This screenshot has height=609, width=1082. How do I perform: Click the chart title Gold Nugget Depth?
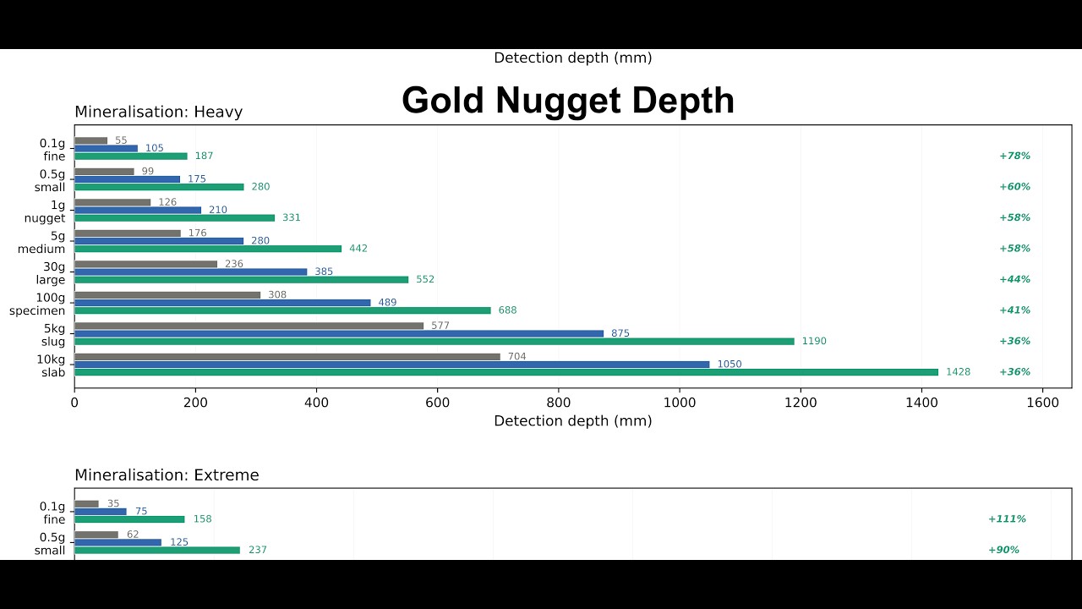click(x=567, y=101)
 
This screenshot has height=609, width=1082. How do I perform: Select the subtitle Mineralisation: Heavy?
click(x=158, y=112)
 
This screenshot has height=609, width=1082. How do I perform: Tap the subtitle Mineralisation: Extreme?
click(x=167, y=475)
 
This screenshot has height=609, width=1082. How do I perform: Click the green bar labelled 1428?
click(x=505, y=372)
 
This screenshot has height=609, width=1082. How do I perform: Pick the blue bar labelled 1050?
click(x=391, y=364)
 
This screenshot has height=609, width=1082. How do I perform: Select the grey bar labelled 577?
click(x=249, y=326)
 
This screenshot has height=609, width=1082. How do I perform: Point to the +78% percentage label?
click(x=1014, y=156)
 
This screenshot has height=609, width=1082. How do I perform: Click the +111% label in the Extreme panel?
click(x=1007, y=519)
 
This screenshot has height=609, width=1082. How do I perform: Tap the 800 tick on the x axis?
click(x=559, y=403)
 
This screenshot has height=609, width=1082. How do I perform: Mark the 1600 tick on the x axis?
click(x=1042, y=403)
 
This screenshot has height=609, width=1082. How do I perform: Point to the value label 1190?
click(x=814, y=342)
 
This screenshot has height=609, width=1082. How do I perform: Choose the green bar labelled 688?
click(x=282, y=310)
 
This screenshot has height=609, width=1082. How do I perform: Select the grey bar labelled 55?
click(x=91, y=140)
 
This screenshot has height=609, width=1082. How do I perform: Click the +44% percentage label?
click(x=1014, y=279)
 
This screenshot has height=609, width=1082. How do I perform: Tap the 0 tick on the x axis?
click(x=74, y=403)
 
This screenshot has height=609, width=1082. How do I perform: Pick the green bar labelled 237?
click(x=157, y=550)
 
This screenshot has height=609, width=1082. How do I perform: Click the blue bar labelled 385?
click(x=190, y=272)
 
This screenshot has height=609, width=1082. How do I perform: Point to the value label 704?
click(x=516, y=356)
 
